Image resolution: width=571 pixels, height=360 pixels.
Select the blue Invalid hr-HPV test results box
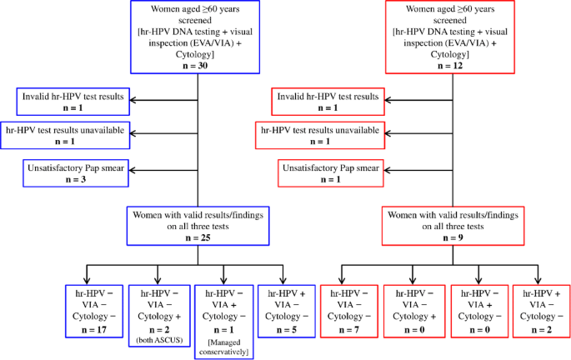tap(73, 102)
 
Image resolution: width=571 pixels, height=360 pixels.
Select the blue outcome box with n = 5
tap(284, 311)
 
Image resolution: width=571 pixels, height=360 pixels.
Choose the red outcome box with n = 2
tap(539, 311)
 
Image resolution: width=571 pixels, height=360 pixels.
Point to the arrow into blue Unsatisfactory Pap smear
tap(142, 173)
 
